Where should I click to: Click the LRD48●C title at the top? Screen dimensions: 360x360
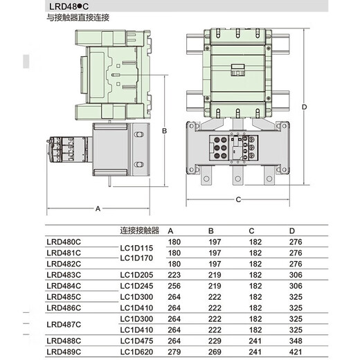pos(69,6)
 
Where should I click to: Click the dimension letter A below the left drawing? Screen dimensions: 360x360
pos(98,208)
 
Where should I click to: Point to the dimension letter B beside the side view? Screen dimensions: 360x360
pos(164,131)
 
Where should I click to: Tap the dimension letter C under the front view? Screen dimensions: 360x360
pos(238,199)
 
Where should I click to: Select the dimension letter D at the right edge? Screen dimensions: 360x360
pos(305,107)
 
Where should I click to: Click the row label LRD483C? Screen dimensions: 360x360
pos(64,275)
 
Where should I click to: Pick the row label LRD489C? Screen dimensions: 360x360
pos(64,352)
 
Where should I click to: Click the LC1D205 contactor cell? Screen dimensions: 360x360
pos(136,275)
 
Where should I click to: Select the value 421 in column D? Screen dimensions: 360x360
pos(296,352)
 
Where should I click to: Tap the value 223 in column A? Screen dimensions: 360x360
pos(174,275)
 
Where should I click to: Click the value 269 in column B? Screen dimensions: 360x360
pos(215,352)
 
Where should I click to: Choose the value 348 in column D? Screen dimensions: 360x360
pos(296,341)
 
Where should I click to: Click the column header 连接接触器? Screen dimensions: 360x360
pos(140,231)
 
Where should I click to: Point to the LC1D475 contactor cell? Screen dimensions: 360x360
pos(136,341)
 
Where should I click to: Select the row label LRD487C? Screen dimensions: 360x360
pos(64,325)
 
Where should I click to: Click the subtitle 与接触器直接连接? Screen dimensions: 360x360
pos(78,18)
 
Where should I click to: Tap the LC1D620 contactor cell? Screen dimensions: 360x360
pos(136,352)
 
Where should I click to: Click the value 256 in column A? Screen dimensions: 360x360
pos(174,286)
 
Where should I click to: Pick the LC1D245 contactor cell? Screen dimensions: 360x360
pos(136,286)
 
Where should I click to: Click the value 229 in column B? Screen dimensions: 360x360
pos(215,341)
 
